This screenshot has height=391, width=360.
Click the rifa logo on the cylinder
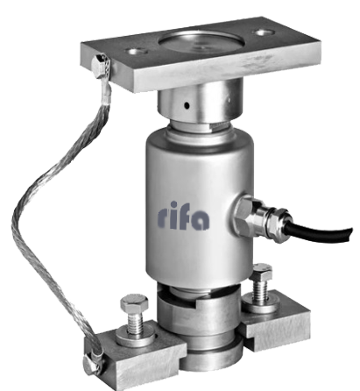(183, 216)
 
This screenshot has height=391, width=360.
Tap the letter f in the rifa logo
(187, 216)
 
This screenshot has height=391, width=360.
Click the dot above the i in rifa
(174, 204)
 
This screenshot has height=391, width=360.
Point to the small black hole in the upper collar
(187, 105)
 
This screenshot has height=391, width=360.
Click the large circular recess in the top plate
(201, 43)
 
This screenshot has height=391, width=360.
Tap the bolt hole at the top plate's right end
(264, 32)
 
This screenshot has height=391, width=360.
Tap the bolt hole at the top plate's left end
(135, 52)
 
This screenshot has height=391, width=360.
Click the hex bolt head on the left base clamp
(134, 303)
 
